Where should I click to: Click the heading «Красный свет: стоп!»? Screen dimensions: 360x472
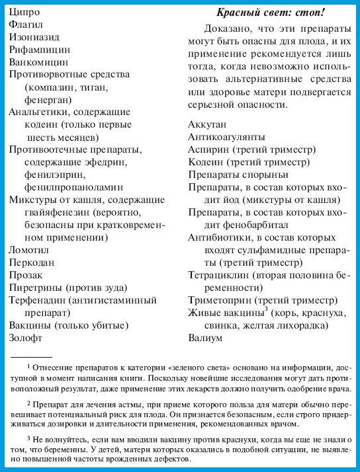271,12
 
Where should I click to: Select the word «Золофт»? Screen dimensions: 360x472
26,338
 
